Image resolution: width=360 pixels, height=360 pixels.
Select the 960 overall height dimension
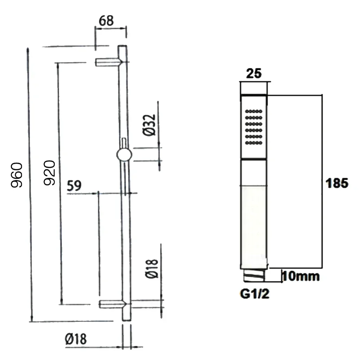[17, 175]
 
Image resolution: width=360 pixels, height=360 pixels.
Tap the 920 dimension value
[50, 173]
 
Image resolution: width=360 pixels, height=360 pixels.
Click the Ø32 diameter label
[149, 125]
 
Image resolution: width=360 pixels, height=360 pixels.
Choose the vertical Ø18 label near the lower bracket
[152, 269]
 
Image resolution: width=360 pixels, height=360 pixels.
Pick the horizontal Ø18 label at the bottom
[76, 339]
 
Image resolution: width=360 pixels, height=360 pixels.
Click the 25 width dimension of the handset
[254, 73]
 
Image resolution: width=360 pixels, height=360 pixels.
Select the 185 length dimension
[337, 183]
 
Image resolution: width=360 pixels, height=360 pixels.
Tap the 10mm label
[301, 276]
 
